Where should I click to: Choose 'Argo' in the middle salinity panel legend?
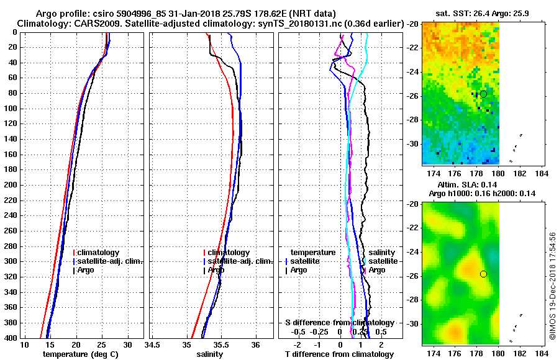216,270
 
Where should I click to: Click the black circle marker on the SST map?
483,94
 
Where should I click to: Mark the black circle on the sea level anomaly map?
483,274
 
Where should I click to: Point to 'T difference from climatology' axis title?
339,354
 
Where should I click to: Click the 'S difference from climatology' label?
339,323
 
